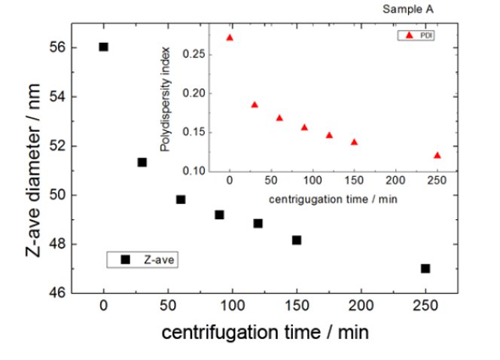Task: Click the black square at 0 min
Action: pos(103,47)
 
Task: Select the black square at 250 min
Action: pos(425,268)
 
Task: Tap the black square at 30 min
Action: pos(142,162)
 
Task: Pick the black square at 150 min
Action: pos(297,240)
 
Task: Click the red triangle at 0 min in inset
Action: pos(230,37)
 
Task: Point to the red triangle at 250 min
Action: pos(437,155)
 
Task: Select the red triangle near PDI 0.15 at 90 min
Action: pos(304,127)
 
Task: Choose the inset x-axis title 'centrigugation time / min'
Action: pos(333,200)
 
